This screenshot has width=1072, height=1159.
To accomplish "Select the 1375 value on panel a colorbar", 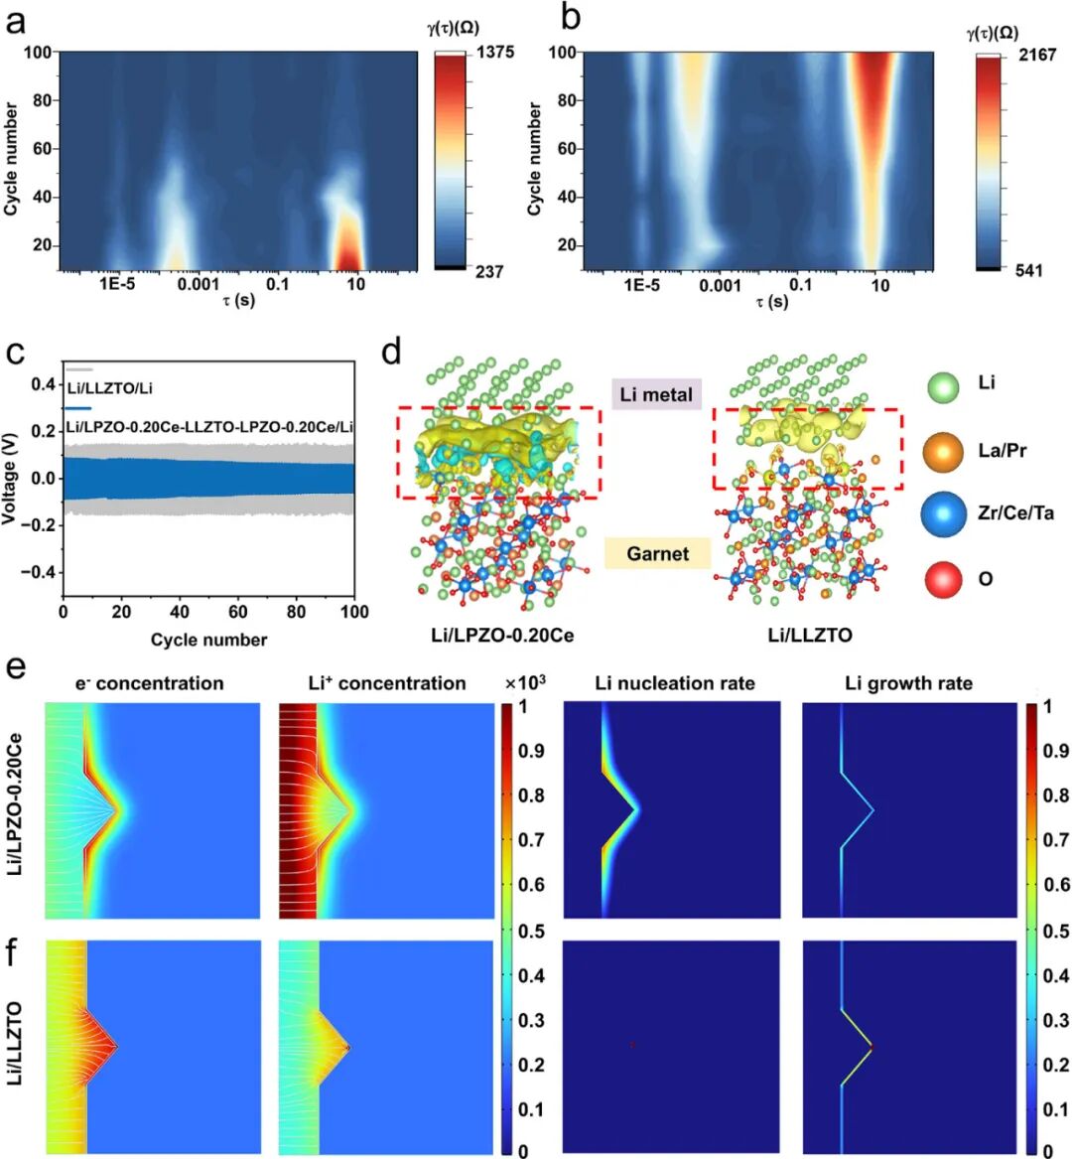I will point(494,52).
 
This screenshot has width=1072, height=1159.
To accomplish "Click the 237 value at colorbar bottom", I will point(489,271).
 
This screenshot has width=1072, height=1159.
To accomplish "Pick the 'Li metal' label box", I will point(656,394).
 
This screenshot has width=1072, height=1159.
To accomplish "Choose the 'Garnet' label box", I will point(657,553).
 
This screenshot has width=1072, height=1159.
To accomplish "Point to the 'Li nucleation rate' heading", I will point(675,683).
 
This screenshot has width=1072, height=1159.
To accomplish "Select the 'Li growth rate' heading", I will point(908,683).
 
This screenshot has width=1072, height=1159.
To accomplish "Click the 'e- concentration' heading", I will point(150,683).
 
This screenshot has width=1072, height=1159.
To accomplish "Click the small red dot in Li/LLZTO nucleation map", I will point(631,1045).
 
